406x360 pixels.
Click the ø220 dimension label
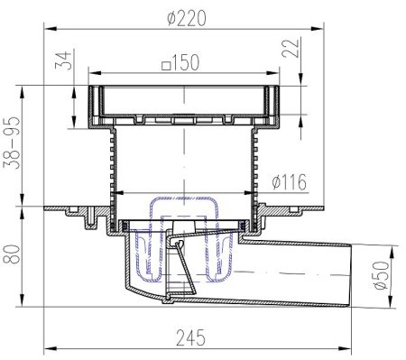click(187, 18)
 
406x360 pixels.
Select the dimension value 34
click(64, 60)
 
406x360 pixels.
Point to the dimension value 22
click(291, 48)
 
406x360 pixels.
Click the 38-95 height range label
click(12, 143)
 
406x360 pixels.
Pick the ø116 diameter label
click(289, 182)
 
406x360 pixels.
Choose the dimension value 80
click(12, 254)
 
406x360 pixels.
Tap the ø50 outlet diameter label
click(382, 275)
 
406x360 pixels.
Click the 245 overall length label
click(190, 337)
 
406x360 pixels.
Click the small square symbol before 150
click(166, 65)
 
